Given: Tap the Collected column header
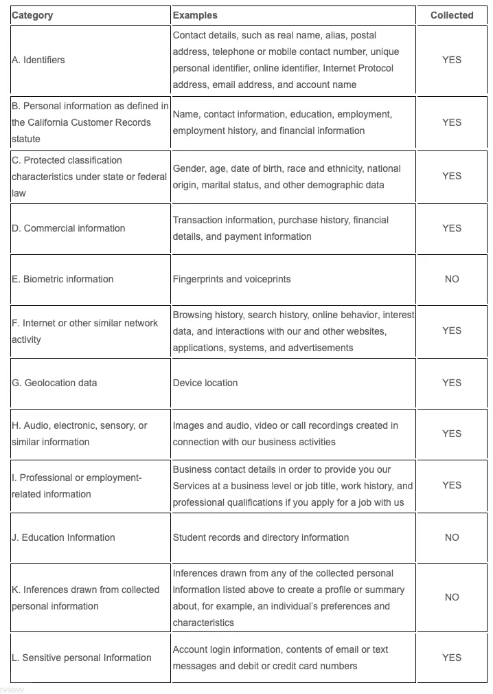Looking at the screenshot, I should (452, 15).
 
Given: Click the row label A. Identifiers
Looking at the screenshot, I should (38, 60).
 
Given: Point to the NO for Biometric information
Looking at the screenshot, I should (452, 279).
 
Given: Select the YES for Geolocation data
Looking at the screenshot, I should (452, 383).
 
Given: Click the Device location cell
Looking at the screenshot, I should (205, 383).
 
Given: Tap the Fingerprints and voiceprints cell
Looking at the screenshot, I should (231, 279).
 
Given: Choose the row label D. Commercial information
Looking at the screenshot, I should (69, 228).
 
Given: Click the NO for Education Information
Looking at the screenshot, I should (452, 537).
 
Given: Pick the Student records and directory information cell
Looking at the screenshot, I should (261, 537).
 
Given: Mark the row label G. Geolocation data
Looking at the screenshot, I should (54, 383).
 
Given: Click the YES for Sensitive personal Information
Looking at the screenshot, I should (452, 658).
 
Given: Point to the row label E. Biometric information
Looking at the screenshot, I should (62, 279).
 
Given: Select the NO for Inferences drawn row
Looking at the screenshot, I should (452, 597).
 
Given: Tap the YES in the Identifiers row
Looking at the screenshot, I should (452, 60).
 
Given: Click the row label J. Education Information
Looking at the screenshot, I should (63, 537).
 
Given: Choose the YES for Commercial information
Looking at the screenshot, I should (452, 228).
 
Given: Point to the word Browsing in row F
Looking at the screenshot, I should (192, 315).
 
